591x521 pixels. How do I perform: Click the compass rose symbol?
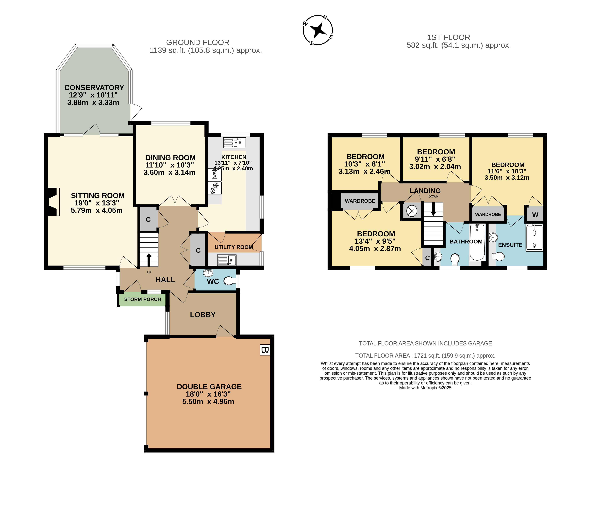tap(318, 30)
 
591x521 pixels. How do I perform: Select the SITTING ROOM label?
tap(98, 196)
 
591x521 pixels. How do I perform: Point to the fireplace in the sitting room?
tap(52, 202)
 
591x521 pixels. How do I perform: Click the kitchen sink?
tap(234, 143)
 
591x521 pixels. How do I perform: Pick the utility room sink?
tap(227, 260)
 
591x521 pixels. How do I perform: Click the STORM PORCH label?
tap(143, 300)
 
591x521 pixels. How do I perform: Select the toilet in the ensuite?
tap(498, 256)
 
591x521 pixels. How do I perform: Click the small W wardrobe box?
tap(535, 215)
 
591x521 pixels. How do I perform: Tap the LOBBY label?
tap(203, 315)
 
